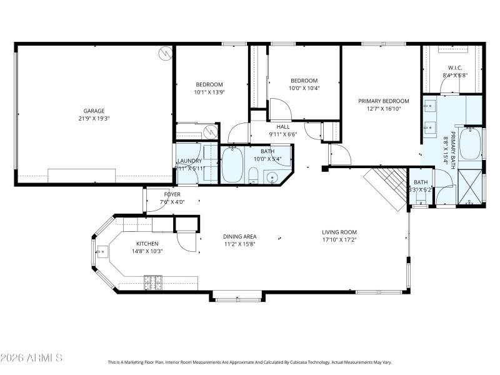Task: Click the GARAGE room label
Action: click(94, 111)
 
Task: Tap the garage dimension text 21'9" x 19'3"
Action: click(94, 119)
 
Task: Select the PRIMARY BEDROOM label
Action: click(383, 101)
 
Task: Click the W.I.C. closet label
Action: click(454, 67)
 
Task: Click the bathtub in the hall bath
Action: click(232, 165)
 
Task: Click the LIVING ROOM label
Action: click(339, 232)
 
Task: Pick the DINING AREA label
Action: click(240, 236)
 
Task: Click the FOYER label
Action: click(172, 194)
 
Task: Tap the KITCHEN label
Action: click(147, 244)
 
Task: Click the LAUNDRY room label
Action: click(189, 161)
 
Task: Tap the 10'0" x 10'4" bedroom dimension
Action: click(304, 88)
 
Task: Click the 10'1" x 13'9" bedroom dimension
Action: click(209, 92)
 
